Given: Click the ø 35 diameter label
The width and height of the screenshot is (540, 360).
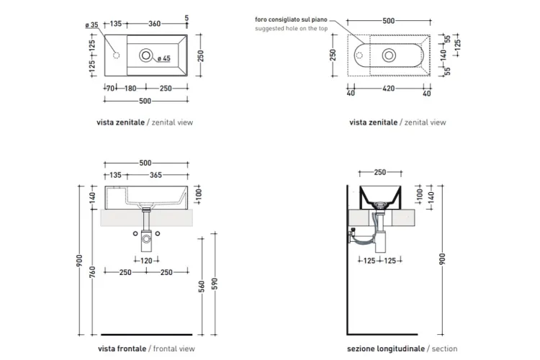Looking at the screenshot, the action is (x=91, y=24).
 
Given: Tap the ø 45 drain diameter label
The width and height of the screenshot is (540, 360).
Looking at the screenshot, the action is (x=164, y=58).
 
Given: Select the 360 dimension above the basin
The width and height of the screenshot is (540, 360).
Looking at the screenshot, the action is (x=154, y=24).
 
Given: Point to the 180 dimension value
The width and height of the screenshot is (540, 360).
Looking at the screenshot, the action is (x=130, y=89).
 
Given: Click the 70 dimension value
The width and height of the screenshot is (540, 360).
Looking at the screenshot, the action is (x=110, y=89).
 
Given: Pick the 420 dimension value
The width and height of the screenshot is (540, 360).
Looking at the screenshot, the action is (x=389, y=89).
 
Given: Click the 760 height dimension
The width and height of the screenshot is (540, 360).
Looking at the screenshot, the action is (x=93, y=272).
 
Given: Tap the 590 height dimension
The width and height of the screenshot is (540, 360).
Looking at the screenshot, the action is (x=215, y=283).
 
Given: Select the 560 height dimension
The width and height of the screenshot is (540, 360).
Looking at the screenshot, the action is (x=202, y=286).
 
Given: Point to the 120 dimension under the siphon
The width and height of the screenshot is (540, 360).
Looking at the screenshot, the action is (x=146, y=261).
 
